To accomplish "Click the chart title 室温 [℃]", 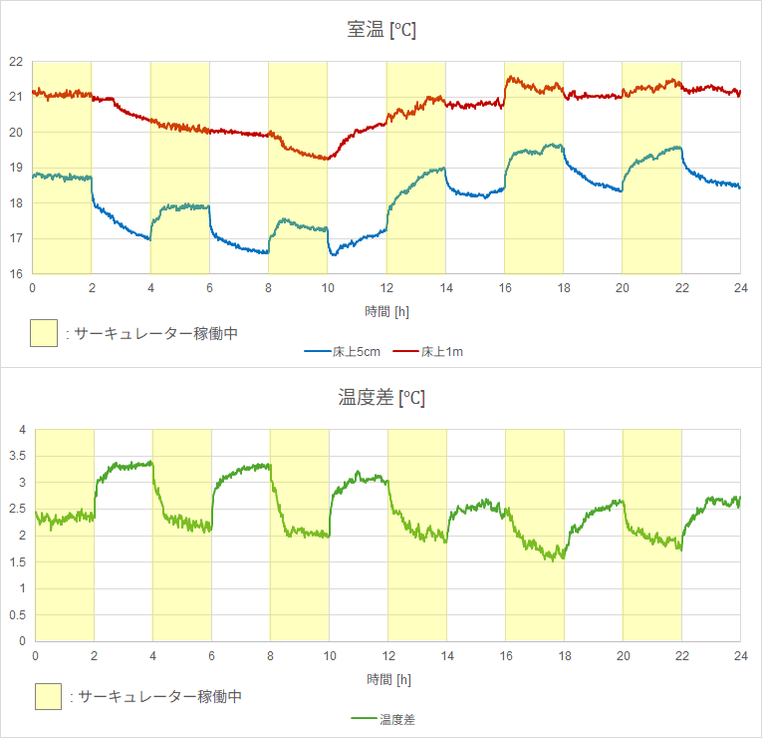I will tap(381, 30).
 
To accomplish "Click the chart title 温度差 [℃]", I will tap(381, 398).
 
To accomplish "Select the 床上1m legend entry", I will tap(429, 351).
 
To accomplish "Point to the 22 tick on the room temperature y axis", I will tap(16, 62).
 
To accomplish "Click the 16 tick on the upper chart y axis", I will tap(16, 273).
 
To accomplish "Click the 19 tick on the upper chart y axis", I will tap(16, 168).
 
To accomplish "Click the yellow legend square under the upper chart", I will tap(44, 333).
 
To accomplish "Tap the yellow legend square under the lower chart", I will tap(48, 696).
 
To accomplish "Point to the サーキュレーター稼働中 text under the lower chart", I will tap(160, 696).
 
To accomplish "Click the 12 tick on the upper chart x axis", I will tap(385, 287).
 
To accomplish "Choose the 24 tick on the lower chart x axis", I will tap(740, 655).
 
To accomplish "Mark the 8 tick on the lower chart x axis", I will tap(270, 655).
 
